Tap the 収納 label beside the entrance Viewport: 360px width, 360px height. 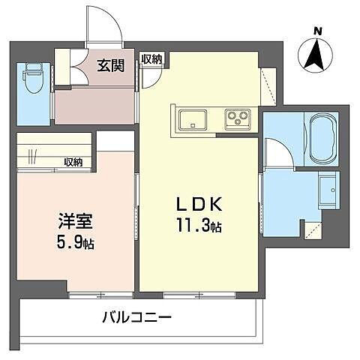[x=151, y=59]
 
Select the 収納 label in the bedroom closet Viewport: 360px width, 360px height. [x=73, y=162]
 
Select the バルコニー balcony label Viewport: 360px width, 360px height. [x=137, y=317]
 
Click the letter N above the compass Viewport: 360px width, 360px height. [x=318, y=31]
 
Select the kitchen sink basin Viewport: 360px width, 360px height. [x=193, y=118]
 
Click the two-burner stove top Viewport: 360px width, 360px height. [x=238, y=118]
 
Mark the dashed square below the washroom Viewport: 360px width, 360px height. [x=311, y=229]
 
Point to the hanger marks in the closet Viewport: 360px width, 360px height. [x=32, y=158]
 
